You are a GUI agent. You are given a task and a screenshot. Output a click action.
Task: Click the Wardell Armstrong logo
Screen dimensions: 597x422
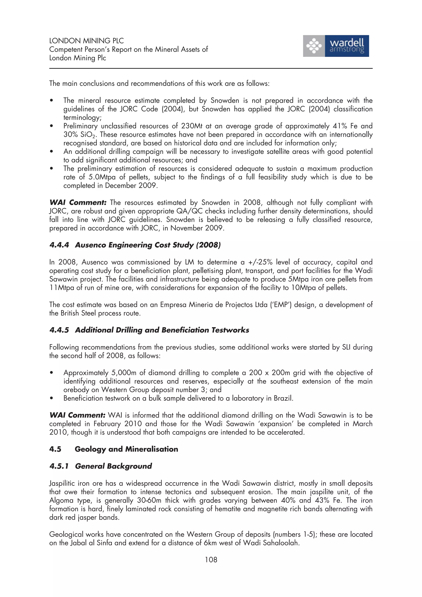[336, 46]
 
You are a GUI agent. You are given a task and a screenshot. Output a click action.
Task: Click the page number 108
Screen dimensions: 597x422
[211, 560]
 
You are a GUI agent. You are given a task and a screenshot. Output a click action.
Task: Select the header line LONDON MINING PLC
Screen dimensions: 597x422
[86, 41]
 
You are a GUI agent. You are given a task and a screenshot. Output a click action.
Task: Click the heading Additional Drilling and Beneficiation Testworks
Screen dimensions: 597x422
[162, 330]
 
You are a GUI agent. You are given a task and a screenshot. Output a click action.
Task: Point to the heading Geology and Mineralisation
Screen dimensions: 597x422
[126, 449]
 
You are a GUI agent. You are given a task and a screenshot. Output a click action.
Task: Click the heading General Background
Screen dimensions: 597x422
[113, 466]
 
